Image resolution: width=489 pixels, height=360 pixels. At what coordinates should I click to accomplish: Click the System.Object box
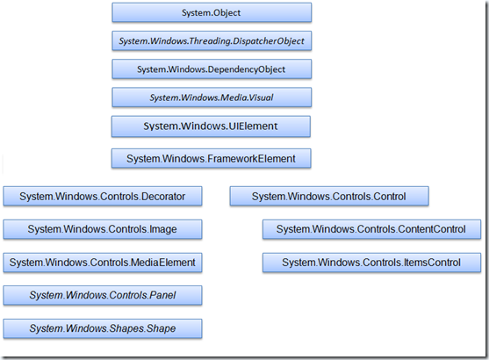coord(212,12)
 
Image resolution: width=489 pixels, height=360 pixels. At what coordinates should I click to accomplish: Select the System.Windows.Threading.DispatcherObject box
coord(212,41)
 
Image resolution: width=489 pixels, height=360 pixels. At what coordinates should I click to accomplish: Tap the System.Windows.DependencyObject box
coord(212,69)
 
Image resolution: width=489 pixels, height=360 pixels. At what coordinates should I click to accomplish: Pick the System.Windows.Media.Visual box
coord(212,97)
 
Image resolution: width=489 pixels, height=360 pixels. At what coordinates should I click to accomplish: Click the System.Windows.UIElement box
coord(211,126)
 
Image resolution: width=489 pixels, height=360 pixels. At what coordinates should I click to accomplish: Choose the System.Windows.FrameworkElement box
coord(211,158)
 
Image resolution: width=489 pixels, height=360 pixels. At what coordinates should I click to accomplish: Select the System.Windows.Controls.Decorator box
coord(103,196)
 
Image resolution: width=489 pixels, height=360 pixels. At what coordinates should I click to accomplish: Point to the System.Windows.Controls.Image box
coord(103,229)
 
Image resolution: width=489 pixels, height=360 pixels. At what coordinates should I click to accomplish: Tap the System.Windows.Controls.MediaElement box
coord(103,263)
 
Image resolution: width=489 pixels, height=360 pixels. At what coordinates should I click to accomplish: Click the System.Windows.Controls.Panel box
coord(103,295)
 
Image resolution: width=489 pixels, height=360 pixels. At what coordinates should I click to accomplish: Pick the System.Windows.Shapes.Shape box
coord(103,328)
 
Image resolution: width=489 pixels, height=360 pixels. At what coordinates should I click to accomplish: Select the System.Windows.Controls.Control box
coord(329,196)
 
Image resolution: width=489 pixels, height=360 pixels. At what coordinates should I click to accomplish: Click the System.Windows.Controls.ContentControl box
coord(371,229)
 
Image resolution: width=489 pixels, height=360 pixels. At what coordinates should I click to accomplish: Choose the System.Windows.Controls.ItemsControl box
coord(371,263)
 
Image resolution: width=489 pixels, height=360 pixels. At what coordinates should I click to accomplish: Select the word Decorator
coord(163,196)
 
